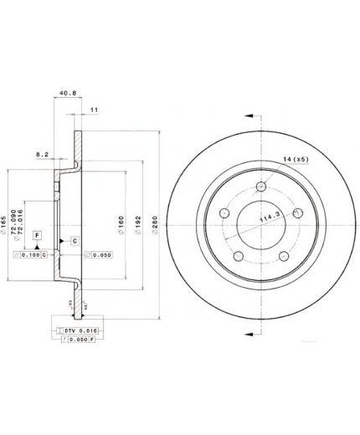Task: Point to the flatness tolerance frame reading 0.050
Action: point(100,254)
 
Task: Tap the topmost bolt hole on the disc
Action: point(261,187)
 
